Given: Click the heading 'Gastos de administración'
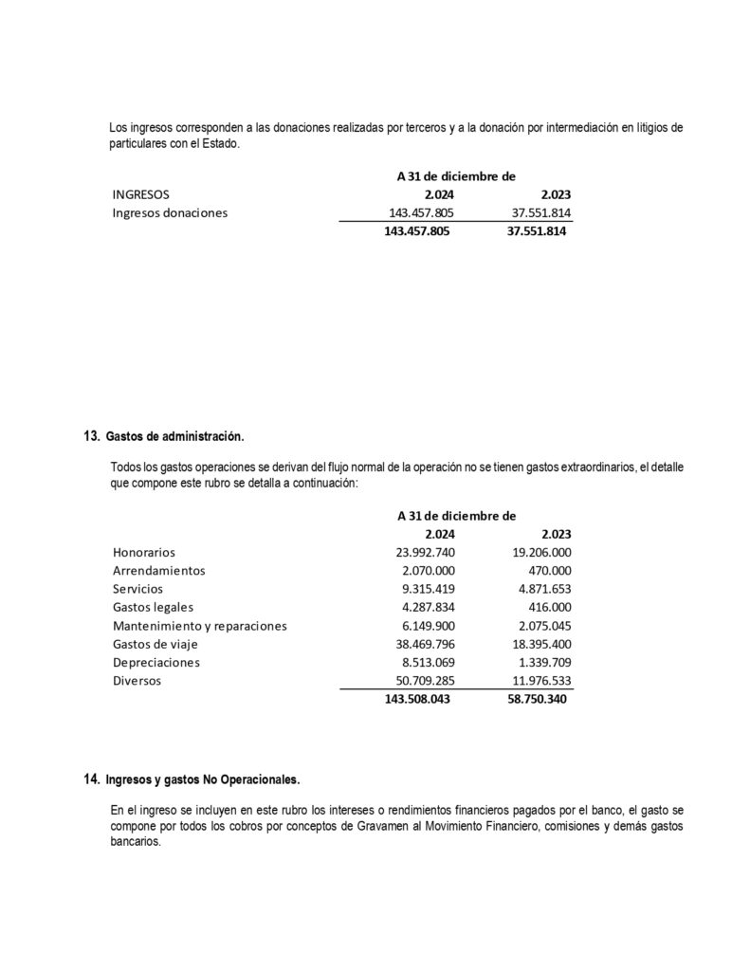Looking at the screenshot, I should point(175,437).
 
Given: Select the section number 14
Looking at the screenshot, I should point(91,779).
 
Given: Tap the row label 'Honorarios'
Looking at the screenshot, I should point(143,552).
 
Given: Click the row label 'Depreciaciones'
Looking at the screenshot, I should point(155,663).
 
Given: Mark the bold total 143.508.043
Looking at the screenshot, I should point(418,700).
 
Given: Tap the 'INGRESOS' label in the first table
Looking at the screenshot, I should point(140,194).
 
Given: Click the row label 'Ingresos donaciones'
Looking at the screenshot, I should point(170,212).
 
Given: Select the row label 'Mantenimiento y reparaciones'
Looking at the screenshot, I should point(199,626).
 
